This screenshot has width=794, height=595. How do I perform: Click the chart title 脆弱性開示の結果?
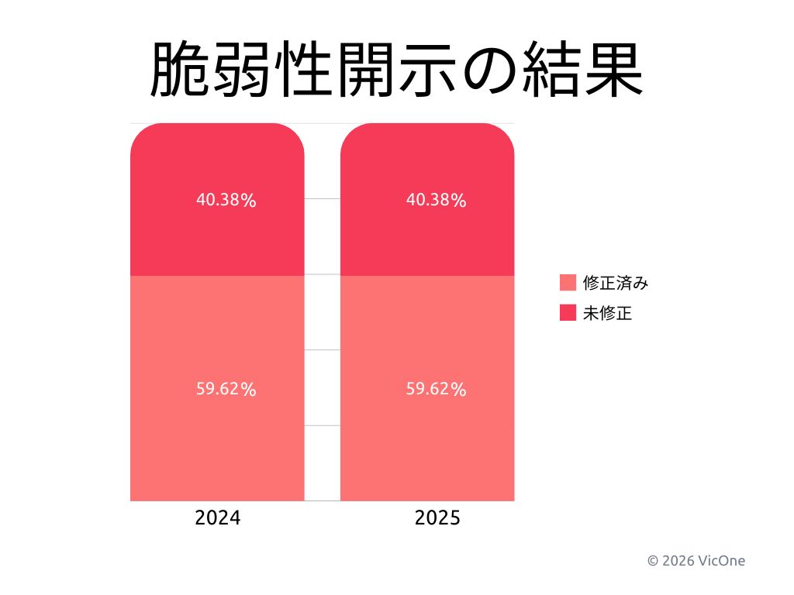coord(396,70)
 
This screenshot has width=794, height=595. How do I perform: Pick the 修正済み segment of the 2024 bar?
coord(217,449)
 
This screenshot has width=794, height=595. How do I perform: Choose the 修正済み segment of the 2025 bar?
coord(427,449)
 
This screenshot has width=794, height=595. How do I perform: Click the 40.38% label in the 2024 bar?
coord(226,200)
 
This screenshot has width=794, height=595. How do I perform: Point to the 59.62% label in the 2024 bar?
coord(226,389)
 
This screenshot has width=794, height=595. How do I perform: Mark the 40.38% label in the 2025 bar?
coord(436,200)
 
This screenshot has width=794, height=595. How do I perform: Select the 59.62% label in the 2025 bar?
coord(436,389)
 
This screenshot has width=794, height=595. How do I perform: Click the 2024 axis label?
coord(217,518)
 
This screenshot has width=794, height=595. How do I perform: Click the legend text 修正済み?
coord(616,283)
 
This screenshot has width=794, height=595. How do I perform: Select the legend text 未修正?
coord(607,313)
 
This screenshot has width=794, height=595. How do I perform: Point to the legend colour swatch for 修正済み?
coord(568,283)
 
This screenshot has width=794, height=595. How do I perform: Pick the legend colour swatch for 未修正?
coord(568,313)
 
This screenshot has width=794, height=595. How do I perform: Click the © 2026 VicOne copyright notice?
coord(696,560)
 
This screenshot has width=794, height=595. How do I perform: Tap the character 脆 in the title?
coord(180,70)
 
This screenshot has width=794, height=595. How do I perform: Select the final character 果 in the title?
coord(613,70)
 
